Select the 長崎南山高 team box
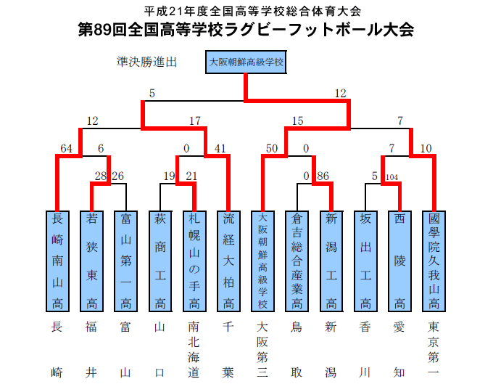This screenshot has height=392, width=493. (x=57, y=261)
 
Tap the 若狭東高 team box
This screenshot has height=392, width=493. (x=91, y=261)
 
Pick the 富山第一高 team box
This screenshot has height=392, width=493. (x=125, y=261)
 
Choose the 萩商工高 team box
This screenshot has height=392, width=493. (x=159, y=261)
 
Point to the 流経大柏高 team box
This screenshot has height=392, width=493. (x=228, y=261)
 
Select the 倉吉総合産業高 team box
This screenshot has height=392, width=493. (x=296, y=261)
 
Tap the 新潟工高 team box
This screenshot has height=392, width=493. (x=331, y=261)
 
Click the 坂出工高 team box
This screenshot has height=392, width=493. (x=365, y=261)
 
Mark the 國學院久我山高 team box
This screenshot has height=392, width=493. (x=434, y=261)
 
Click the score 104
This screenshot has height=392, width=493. (x=393, y=176)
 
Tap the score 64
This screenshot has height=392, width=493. (x=67, y=149)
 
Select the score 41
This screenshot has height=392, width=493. (x=221, y=149)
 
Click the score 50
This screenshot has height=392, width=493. (x=272, y=149)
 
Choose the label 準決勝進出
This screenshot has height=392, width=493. (x=147, y=62)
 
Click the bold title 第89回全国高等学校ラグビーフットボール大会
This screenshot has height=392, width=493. (x=246, y=30)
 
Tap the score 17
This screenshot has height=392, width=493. (x=194, y=121)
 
